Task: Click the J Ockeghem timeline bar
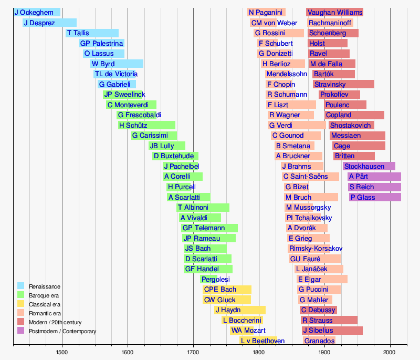(x=37, y=13)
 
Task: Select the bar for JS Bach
(x=205, y=249)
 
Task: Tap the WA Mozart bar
(x=248, y=331)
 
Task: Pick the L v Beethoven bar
(x=257, y=341)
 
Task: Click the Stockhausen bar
(x=369, y=167)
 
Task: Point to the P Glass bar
(x=375, y=197)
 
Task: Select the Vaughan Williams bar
(x=334, y=13)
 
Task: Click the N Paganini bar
(x=266, y=13)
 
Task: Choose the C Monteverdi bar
(x=131, y=105)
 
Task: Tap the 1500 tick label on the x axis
(x=62, y=352)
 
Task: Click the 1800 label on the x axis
(x=259, y=352)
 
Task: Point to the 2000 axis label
(x=390, y=352)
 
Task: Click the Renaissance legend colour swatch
(x=21, y=286)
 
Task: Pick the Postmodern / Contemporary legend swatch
(x=21, y=331)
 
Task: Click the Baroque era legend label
(x=44, y=295)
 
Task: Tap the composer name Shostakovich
(x=351, y=126)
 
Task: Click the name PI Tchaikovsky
(x=309, y=218)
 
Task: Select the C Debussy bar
(x=319, y=310)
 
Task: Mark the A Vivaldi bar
(x=200, y=218)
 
